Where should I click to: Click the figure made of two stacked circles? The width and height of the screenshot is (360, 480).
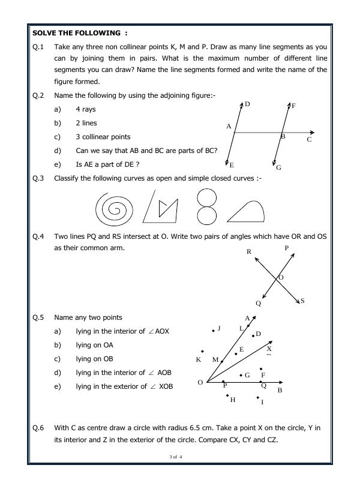[206, 206]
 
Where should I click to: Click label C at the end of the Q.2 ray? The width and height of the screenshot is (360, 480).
[309, 140]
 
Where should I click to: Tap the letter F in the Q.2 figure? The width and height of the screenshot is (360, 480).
[293, 106]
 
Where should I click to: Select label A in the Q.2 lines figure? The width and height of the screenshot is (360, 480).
[229, 127]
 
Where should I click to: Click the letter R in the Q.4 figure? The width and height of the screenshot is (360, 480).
[249, 252]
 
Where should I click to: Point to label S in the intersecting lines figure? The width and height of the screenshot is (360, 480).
[302, 301]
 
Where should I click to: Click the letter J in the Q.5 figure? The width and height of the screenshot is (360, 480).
[219, 328]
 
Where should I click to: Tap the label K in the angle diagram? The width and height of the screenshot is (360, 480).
[199, 360]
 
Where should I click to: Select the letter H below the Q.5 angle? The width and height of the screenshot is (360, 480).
[233, 400]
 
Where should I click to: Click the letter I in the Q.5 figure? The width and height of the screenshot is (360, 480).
[262, 402]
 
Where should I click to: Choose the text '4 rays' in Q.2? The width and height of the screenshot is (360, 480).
[86, 109]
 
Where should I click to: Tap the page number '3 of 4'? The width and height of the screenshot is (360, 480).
[176, 457]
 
